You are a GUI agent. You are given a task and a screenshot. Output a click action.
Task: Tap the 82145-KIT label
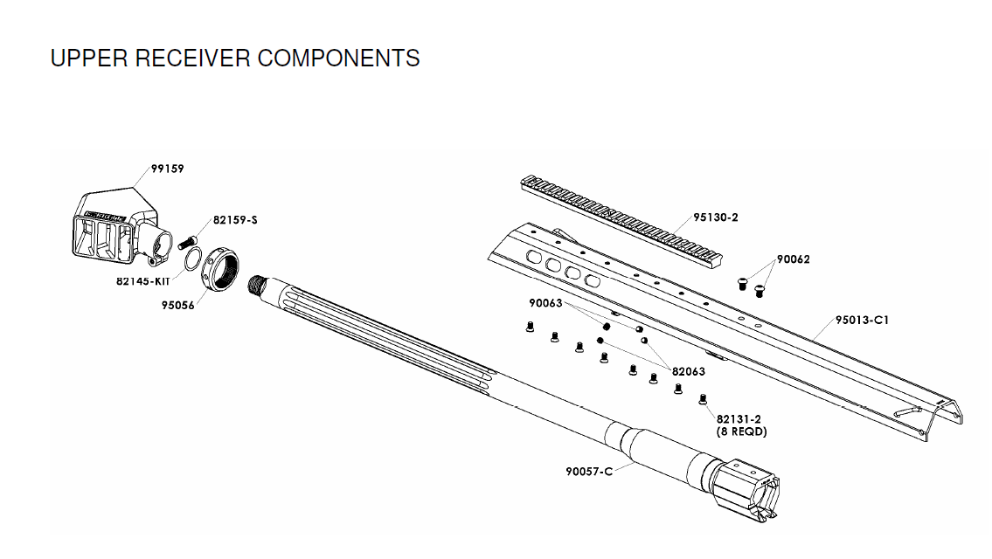coord(142,281)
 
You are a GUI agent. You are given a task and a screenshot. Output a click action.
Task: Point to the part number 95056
coord(177,306)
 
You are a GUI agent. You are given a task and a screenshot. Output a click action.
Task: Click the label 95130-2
coord(716,217)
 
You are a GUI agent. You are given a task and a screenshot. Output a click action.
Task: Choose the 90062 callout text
coord(793,259)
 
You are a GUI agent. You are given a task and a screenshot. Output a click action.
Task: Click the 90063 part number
coord(546,304)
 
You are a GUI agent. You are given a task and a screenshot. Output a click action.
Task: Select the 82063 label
coord(688,371)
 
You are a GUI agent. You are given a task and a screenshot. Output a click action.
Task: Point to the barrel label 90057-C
coord(589,473)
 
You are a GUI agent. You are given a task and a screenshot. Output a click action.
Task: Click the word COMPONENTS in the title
coord(338,59)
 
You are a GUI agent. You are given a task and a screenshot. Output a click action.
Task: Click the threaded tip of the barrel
coord(257,285)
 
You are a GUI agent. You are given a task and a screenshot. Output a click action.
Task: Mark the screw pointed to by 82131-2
coord(703,400)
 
